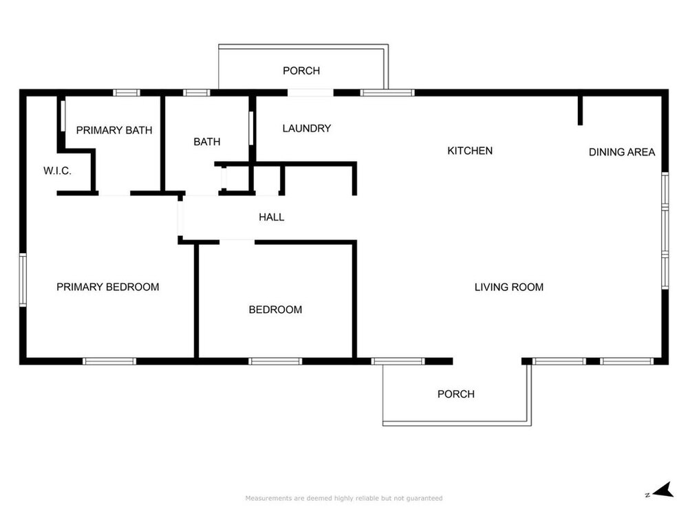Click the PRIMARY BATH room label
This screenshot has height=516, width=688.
pos(114,130)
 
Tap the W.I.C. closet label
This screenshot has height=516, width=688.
pos(57,171)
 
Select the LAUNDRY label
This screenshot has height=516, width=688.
pos(307,128)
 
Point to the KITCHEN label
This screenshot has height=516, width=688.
pos(470,151)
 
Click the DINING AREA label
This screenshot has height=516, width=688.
pos(621,152)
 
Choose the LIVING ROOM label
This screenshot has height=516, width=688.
pos(508,287)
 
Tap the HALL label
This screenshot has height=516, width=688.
pos(271,217)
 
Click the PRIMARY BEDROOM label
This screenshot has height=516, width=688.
pos(107,287)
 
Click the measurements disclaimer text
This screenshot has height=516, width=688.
pos(344,498)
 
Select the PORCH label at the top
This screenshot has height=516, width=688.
pos(301,71)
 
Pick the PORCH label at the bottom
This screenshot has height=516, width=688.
pos(455,394)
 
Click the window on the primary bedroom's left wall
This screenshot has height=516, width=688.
pos(23,279)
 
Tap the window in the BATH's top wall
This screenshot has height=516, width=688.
pos(196,93)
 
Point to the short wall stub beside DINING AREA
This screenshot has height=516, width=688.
pos(580,110)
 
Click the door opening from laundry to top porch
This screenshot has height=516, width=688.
pos(310,93)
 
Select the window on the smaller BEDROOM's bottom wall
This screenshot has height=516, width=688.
pos(275,361)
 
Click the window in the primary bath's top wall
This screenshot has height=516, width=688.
pos(127,93)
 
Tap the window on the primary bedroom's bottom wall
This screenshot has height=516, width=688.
pos(109,361)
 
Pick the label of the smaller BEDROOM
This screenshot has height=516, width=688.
pos(275,310)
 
